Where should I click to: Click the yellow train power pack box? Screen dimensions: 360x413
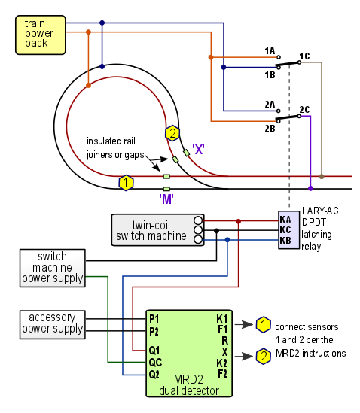pos(41,35)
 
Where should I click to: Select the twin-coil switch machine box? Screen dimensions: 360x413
pos(157,230)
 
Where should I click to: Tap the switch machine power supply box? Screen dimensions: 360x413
pos(53,268)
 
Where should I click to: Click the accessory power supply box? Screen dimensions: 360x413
pos(53,324)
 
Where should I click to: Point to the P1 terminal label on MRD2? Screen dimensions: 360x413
pos(154,319)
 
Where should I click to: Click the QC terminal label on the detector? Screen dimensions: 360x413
pos(155,363)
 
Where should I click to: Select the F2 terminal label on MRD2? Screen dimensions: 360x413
pos(222,373)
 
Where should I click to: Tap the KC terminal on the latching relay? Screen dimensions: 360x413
pos(285,230)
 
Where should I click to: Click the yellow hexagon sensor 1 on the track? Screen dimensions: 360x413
pos(126,182)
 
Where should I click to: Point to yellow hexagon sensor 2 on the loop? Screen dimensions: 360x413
pos(172,133)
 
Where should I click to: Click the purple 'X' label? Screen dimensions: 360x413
pos(198,150)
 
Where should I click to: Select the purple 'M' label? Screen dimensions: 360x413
pos(166,199)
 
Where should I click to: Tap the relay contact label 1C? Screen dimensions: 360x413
pos(304,56)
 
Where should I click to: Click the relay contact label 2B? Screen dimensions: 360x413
pos(270,129)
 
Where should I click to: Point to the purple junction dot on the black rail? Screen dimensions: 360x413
pos(311,188)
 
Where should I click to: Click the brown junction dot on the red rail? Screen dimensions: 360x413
pos(322,176)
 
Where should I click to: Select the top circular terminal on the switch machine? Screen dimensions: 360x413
pos(198,220)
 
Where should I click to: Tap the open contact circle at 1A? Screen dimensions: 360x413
pos(279,57)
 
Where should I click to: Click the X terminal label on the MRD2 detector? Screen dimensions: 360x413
pos(224,351)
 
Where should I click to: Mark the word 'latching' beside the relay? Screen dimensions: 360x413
pos(316,235)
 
